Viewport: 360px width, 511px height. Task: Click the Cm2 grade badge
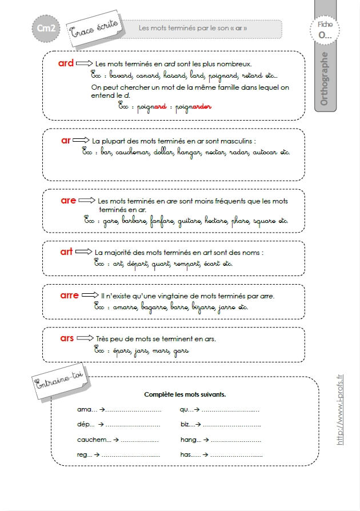pyautogui.click(x=45, y=29)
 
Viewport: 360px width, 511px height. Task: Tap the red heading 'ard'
pyautogui.click(x=66, y=63)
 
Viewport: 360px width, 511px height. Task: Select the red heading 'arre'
pyautogui.click(x=70, y=296)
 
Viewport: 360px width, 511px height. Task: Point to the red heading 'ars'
pyautogui.click(x=67, y=338)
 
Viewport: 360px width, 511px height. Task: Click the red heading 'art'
pyautogui.click(x=67, y=251)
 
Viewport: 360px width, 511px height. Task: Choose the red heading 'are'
pyautogui.click(x=68, y=201)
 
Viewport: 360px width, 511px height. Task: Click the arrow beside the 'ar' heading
pyautogui.click(x=81, y=141)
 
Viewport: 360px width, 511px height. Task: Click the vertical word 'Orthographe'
pyautogui.click(x=325, y=78)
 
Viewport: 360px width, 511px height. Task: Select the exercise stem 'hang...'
pyautogui.click(x=191, y=440)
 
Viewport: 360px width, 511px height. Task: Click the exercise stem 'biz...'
pyautogui.click(x=187, y=425)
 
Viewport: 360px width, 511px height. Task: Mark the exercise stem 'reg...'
pyautogui.click(x=85, y=455)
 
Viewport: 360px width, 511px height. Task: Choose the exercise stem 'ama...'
pyautogui.click(x=87, y=410)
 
